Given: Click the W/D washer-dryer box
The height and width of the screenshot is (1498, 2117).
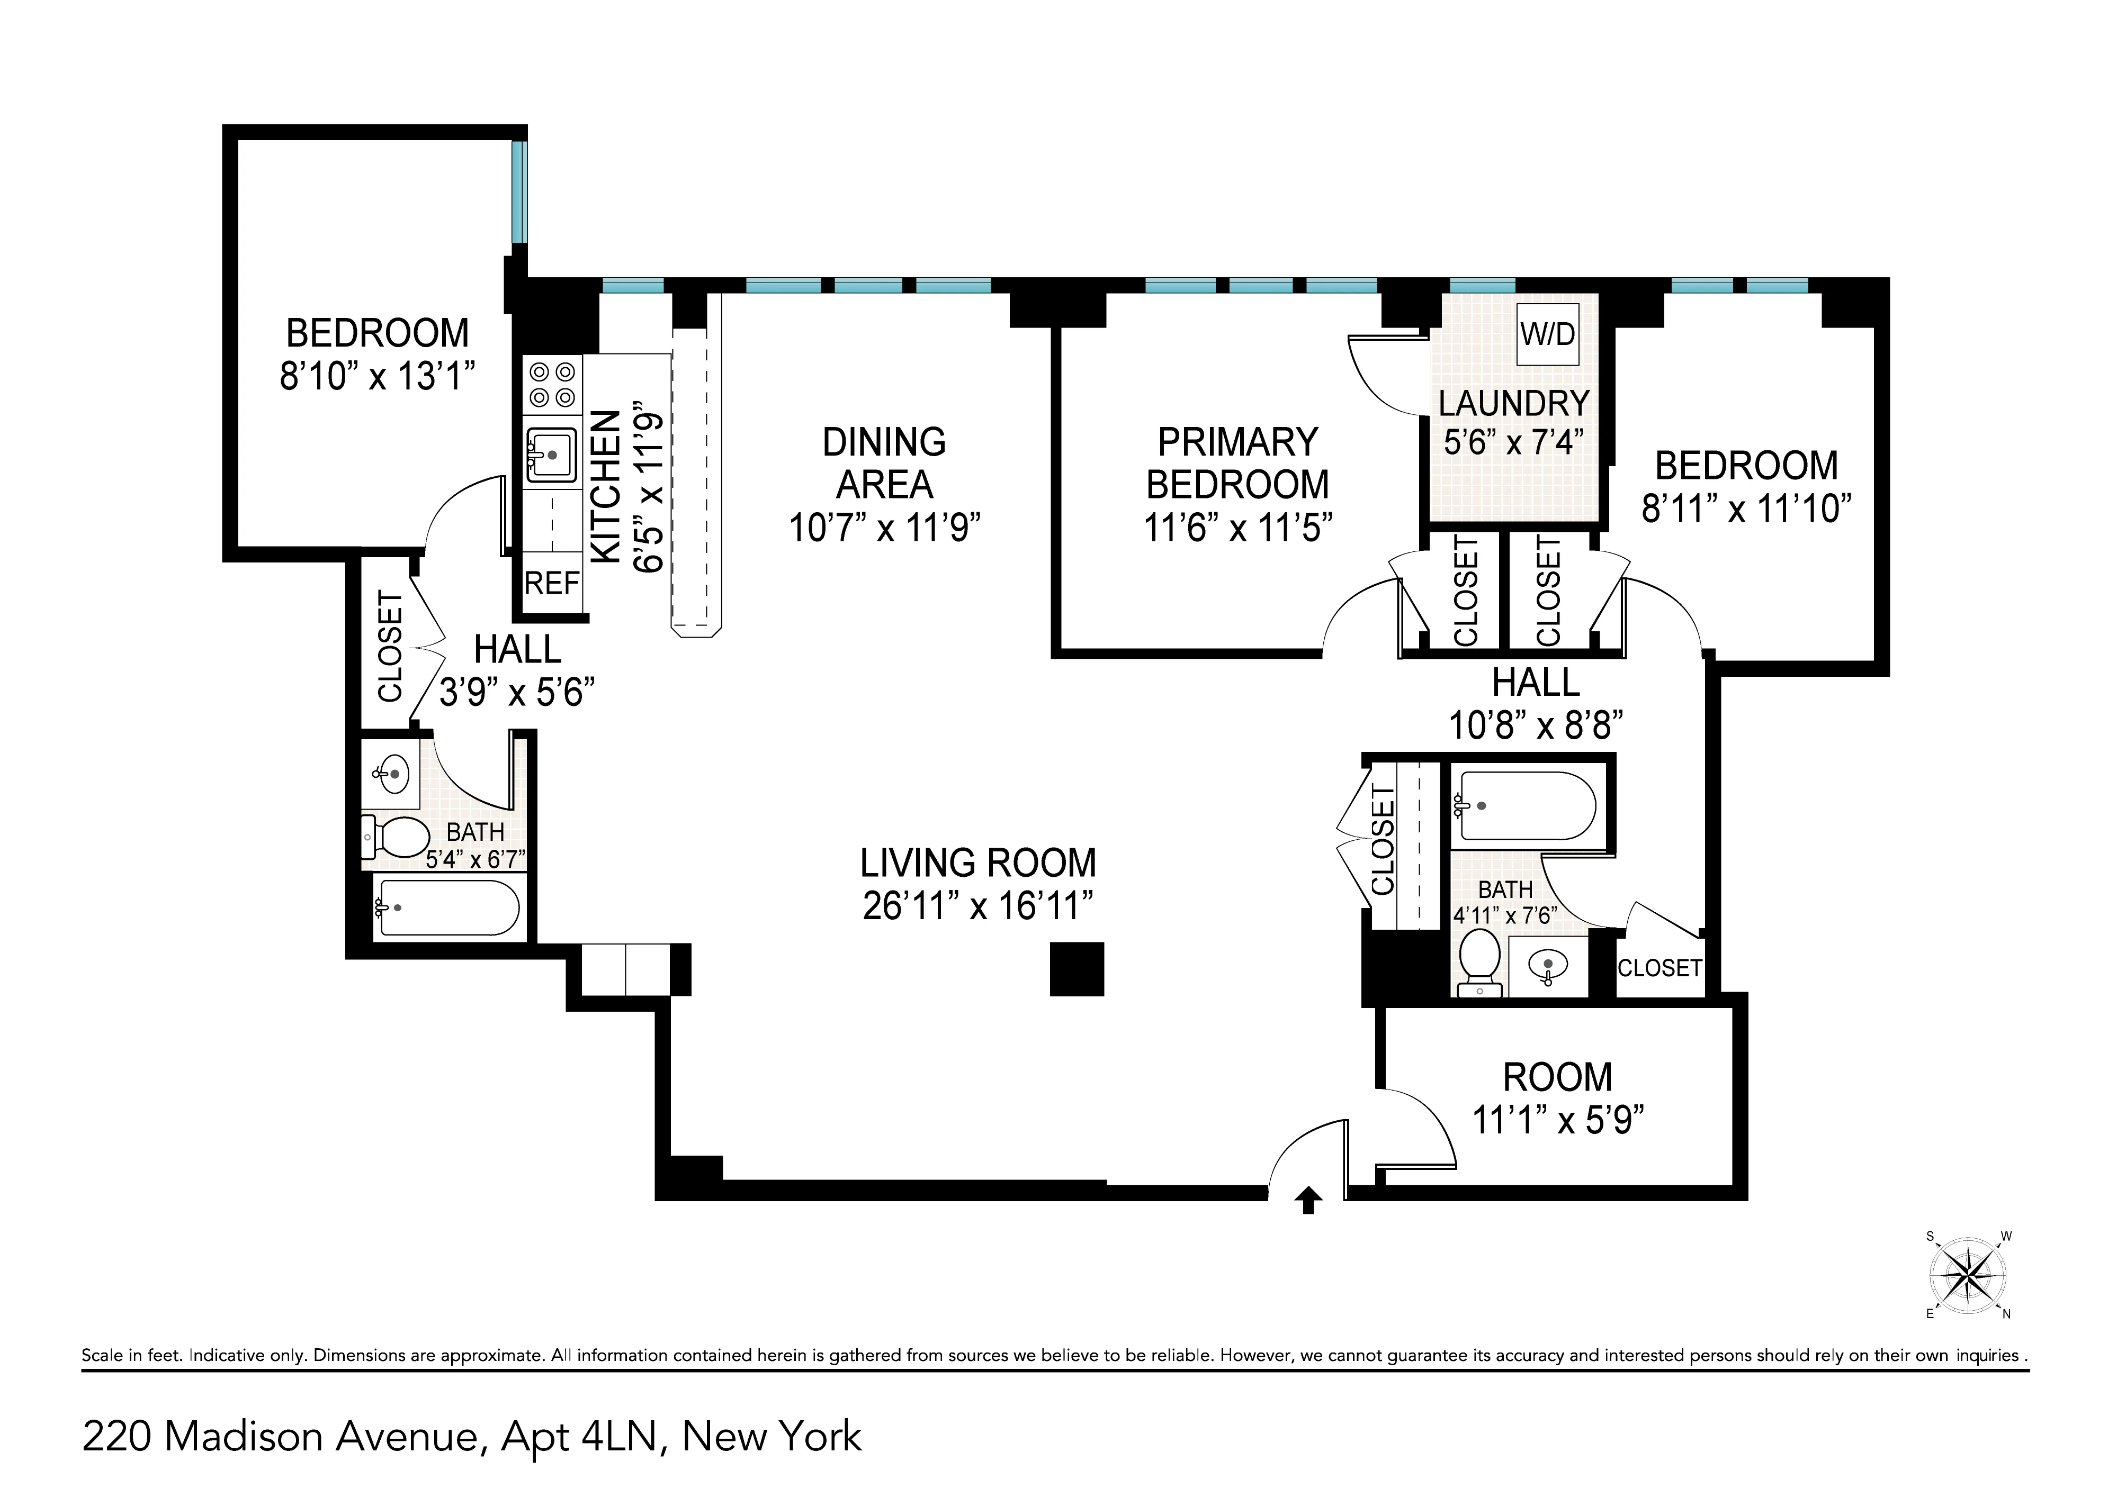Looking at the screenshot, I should tap(1548, 334).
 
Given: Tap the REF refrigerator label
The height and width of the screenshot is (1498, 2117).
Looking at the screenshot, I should tap(552, 583).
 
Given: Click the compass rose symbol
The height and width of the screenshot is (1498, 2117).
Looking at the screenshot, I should tap(1968, 1277).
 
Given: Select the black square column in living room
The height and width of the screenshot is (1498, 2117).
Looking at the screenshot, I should tap(1077, 968).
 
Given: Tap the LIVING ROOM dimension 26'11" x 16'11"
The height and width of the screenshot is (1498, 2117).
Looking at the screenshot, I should tap(977, 906).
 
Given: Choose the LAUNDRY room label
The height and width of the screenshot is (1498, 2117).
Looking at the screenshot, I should tap(1513, 403).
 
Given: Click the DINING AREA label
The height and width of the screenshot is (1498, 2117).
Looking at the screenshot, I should tap(884, 463).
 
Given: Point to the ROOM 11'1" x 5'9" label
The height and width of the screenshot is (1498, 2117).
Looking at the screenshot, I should tap(1558, 1097).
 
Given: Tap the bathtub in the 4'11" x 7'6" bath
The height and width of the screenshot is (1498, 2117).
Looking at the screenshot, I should tap(1527, 805).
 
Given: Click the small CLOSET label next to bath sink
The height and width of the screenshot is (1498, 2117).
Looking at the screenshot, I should tap(1659, 968).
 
